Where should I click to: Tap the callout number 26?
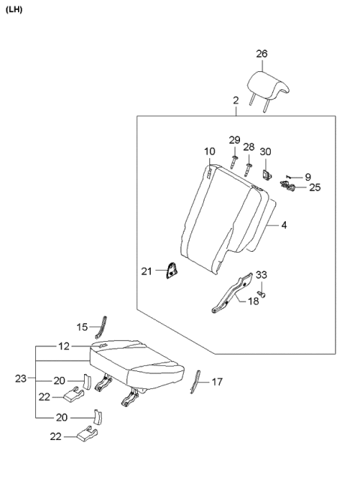(x=261, y=54)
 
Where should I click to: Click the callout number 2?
(x=235, y=99)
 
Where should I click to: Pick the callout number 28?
(x=248, y=148)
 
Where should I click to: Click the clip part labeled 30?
(x=266, y=175)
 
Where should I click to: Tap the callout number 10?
(x=210, y=152)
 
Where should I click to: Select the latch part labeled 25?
(x=288, y=186)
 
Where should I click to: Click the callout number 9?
(x=307, y=177)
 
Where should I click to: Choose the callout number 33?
(x=261, y=274)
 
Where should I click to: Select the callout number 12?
(x=64, y=347)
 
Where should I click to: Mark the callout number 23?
(x=22, y=379)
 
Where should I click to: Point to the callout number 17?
(x=217, y=382)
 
